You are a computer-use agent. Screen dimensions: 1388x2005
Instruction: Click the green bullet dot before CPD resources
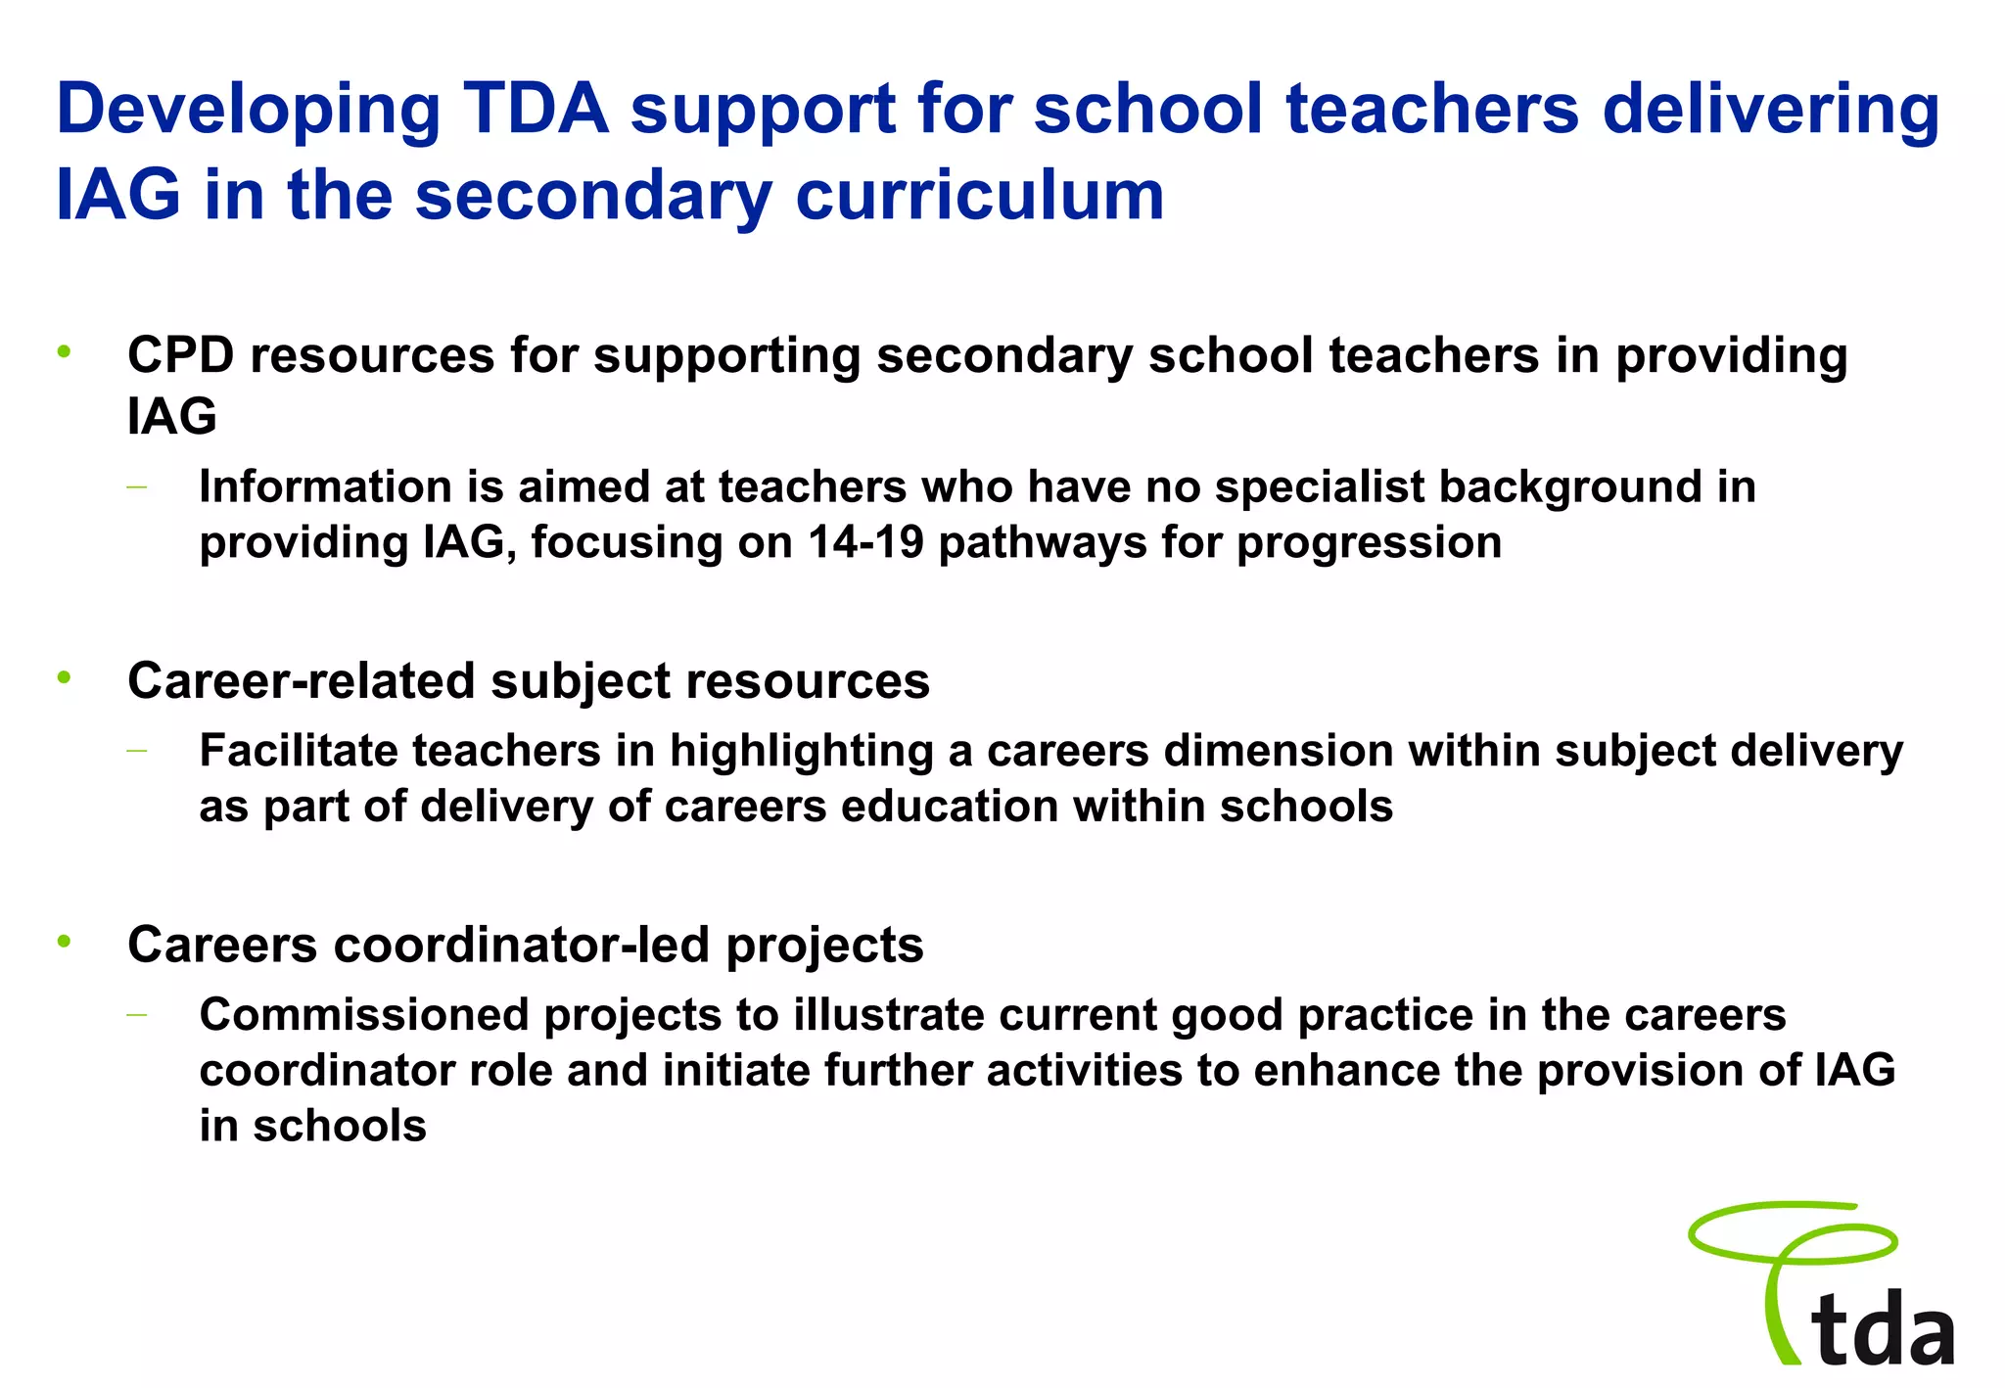tap(65, 351)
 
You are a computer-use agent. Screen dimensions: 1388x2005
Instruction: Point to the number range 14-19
tap(865, 543)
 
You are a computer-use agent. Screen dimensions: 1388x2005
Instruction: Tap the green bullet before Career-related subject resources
tap(65, 677)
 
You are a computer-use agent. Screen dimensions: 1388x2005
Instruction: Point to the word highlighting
tap(801, 752)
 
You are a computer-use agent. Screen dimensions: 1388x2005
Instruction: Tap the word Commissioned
tap(363, 1015)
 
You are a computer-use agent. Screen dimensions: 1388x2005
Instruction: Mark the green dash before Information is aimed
tap(136, 486)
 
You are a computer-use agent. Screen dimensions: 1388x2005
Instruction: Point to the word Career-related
tap(301, 681)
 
